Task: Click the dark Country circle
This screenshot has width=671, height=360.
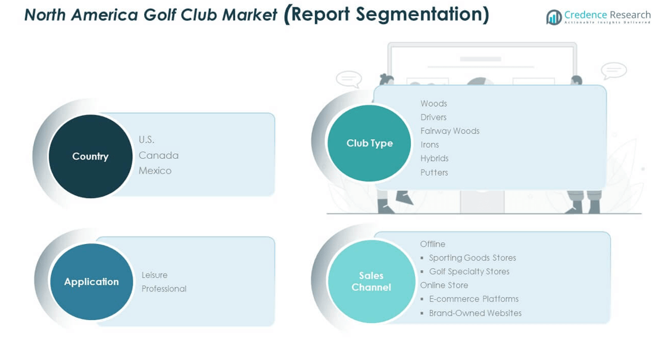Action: (x=90, y=156)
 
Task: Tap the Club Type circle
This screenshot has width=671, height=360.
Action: (x=369, y=143)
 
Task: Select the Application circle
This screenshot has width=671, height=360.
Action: (x=92, y=281)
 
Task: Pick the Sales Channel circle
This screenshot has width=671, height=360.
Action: (x=372, y=281)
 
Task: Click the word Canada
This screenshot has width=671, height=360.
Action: (x=158, y=155)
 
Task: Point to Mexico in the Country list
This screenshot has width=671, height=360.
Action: (x=155, y=171)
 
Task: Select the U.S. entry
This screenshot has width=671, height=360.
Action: (x=146, y=140)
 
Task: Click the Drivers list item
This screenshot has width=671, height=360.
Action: (x=433, y=117)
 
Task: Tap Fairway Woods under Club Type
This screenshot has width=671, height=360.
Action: (x=450, y=131)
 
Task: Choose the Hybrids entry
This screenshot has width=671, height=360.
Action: (x=435, y=158)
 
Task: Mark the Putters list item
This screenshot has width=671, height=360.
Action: (x=434, y=173)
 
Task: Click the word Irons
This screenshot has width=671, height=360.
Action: (x=430, y=145)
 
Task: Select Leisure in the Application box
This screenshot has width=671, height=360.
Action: (x=154, y=275)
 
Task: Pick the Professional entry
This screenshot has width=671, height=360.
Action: (x=164, y=289)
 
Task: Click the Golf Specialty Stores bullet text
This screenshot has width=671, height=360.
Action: (x=469, y=271)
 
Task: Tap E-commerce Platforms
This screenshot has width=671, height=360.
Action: (x=474, y=299)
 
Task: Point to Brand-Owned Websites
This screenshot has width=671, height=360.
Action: (x=475, y=313)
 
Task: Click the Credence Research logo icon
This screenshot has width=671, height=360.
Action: (x=554, y=17)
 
